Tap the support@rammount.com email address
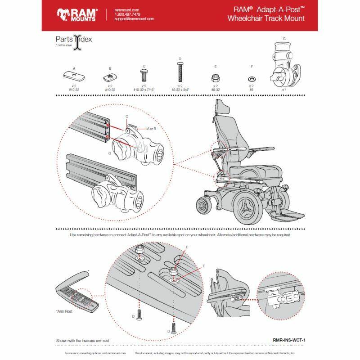tap(135, 19)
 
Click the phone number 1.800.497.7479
tap(128, 14)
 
